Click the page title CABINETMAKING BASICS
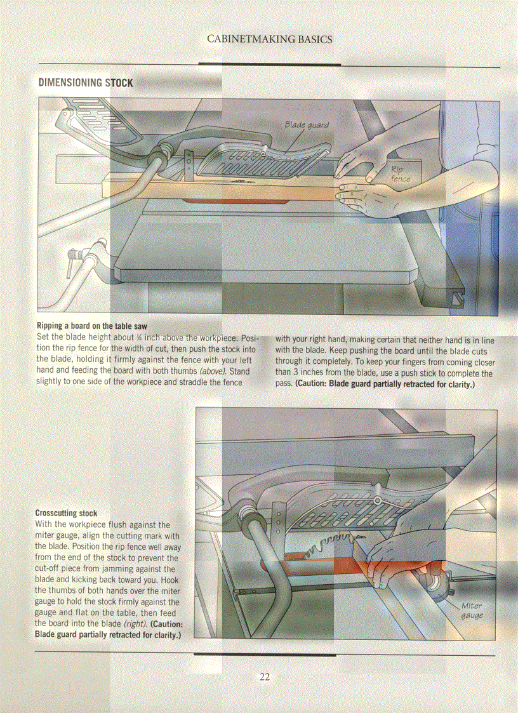click(x=269, y=39)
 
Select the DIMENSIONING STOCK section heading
click(x=86, y=83)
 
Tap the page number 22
click(x=265, y=677)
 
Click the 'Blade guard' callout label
click(x=307, y=125)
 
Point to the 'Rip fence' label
click(x=400, y=174)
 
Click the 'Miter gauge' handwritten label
click(x=472, y=610)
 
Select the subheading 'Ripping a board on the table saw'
click(x=91, y=326)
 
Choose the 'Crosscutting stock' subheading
click(x=66, y=513)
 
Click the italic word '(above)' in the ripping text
click(x=213, y=371)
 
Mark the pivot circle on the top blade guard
click(x=262, y=154)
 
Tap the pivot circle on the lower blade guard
click(x=378, y=502)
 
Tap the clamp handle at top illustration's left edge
click(x=72, y=262)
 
